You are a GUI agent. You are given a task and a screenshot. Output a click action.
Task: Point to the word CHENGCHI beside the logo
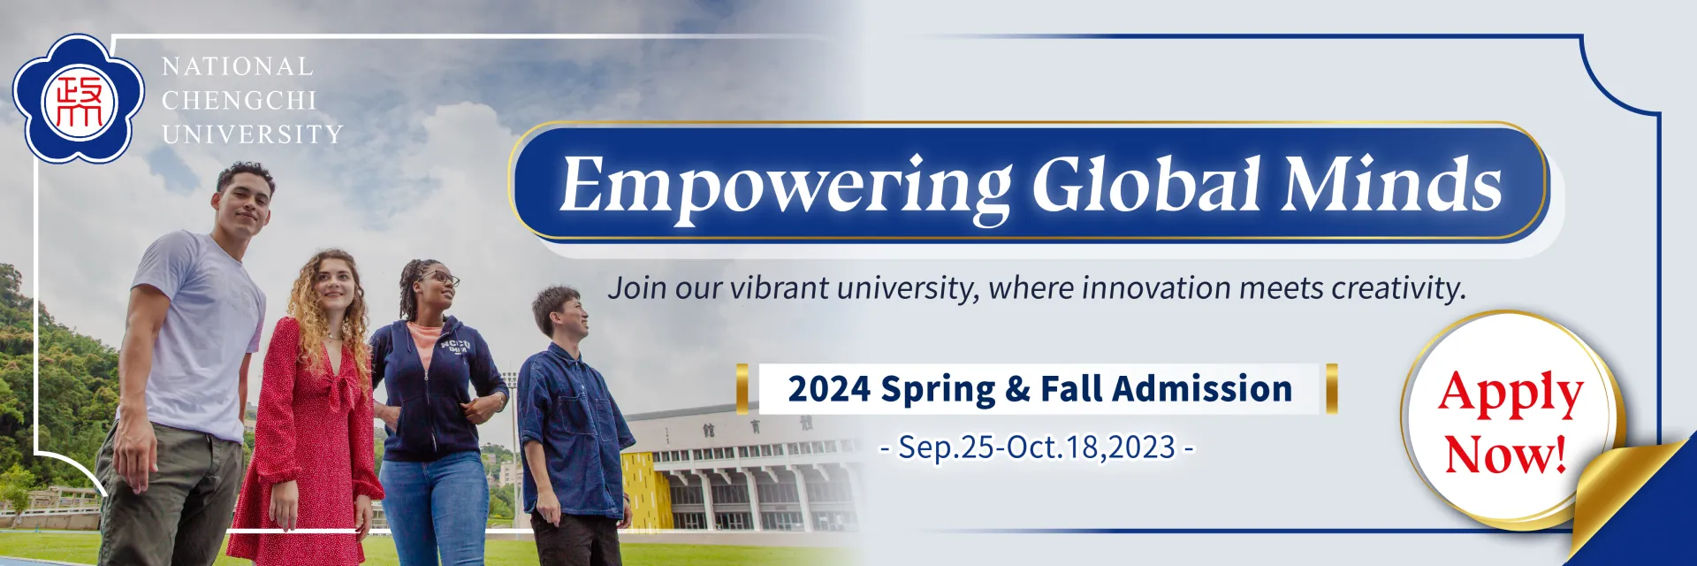tap(239, 101)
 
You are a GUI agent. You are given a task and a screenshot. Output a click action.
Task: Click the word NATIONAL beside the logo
tap(238, 66)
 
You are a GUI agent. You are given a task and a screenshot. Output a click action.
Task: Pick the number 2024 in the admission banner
tap(828, 389)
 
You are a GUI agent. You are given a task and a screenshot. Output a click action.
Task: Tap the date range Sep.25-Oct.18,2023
tap(1037, 447)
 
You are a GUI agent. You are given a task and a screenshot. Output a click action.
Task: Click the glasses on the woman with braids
tap(438, 279)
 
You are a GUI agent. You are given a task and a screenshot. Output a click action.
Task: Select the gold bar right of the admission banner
tap(1331, 388)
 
